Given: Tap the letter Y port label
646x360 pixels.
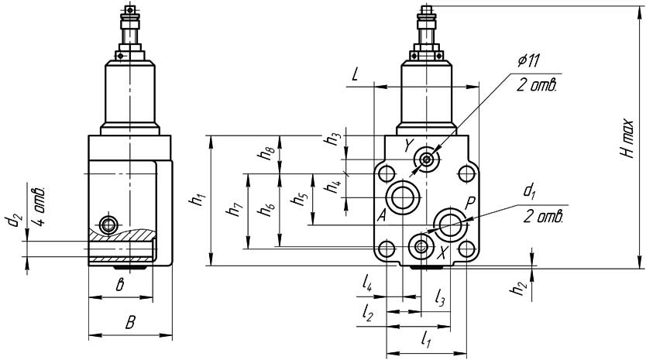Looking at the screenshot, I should click(x=410, y=145).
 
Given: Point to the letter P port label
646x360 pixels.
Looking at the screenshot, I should click(x=469, y=202).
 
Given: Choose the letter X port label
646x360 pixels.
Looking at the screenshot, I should click(x=442, y=253).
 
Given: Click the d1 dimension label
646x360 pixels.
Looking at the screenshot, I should click(x=530, y=190).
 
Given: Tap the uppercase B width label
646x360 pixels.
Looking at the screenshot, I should click(x=130, y=322).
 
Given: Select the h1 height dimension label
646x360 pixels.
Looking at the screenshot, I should click(x=198, y=200).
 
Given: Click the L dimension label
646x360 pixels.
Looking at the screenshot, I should click(x=355, y=75).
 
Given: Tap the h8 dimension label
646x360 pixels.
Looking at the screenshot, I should click(x=266, y=152).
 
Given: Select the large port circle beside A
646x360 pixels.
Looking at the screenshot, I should click(x=404, y=197).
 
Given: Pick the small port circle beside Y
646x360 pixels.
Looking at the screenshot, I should click(x=427, y=160).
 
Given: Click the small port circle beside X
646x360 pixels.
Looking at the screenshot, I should click(x=422, y=247).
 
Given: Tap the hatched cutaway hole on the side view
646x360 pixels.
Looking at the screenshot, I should click(x=108, y=225).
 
